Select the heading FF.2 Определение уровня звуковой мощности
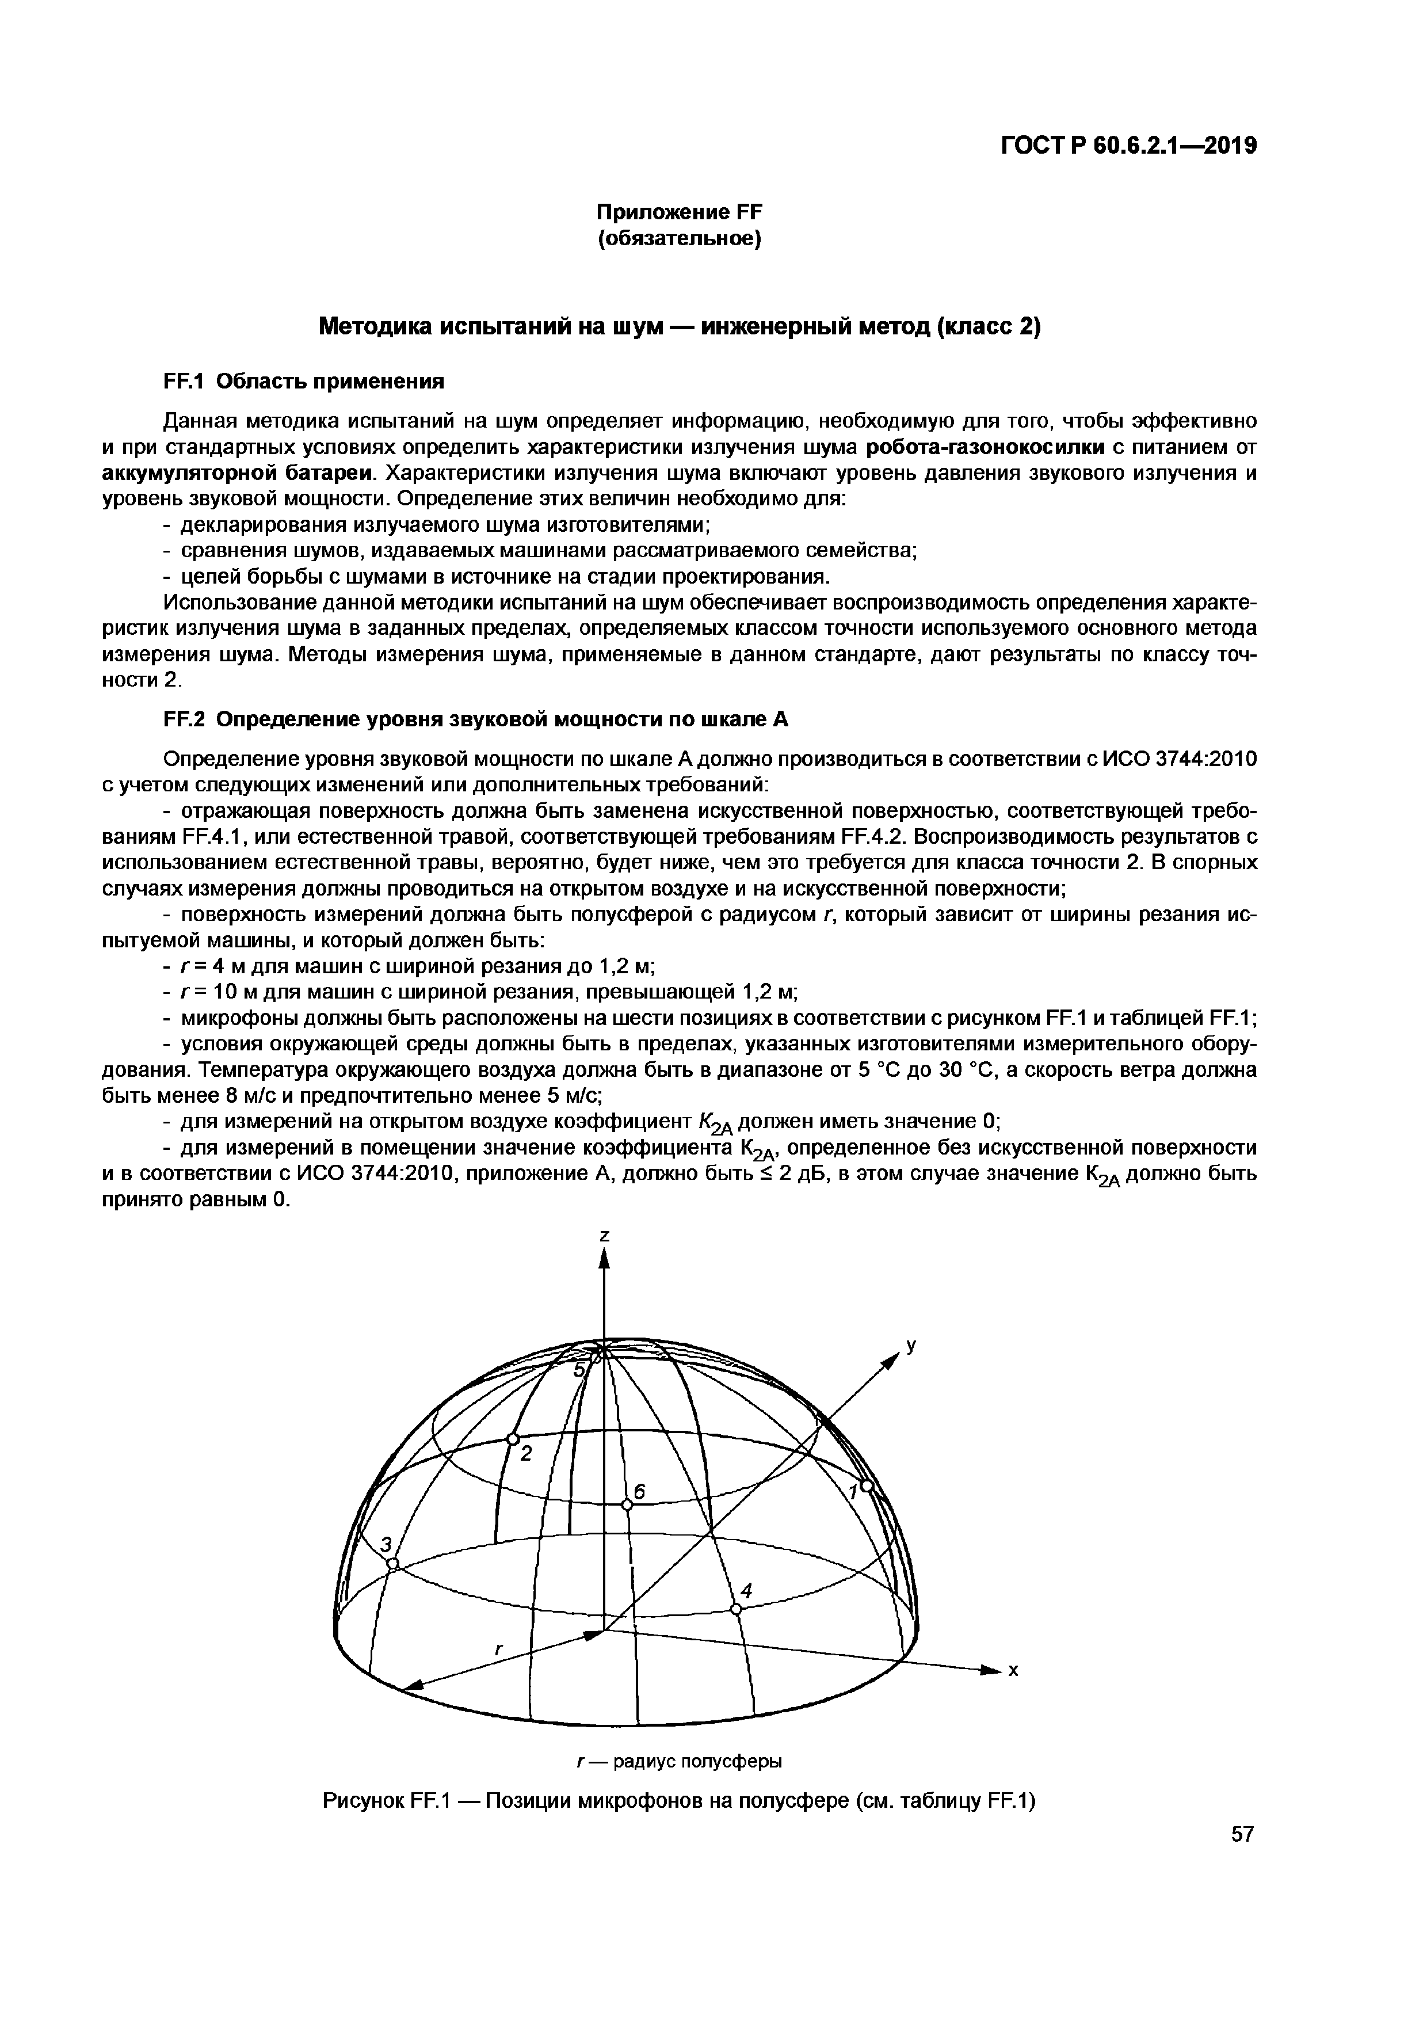pyautogui.click(x=476, y=719)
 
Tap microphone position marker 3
pyautogui.click(x=393, y=1564)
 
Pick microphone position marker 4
pyautogui.click(x=736, y=1608)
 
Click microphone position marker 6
pyautogui.click(x=627, y=1504)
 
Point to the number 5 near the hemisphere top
pyautogui.click(x=578, y=1372)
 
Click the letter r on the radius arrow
pyautogui.click(x=498, y=1651)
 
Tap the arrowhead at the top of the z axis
pyautogui.click(x=604, y=1262)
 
